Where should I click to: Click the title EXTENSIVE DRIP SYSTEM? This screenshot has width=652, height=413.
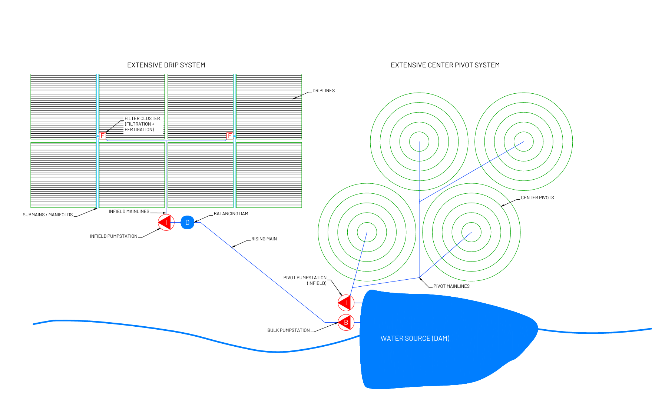click(x=166, y=65)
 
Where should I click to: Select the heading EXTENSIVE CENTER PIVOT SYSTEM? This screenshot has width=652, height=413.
click(x=445, y=65)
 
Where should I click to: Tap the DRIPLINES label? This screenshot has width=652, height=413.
click(x=323, y=91)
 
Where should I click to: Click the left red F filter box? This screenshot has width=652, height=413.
click(x=103, y=136)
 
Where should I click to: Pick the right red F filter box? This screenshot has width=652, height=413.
click(x=230, y=136)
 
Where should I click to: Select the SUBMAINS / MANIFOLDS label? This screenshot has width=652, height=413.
click(x=48, y=215)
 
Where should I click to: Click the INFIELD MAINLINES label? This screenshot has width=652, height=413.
click(x=129, y=212)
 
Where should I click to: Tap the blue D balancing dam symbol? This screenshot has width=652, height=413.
click(x=187, y=223)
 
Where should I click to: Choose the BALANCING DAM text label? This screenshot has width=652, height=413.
click(x=231, y=214)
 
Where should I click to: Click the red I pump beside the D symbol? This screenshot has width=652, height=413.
click(x=166, y=223)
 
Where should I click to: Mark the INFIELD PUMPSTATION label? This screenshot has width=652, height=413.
click(x=113, y=236)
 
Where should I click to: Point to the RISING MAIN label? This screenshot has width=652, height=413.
click(x=264, y=239)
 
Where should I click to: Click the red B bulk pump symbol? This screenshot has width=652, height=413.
click(x=346, y=323)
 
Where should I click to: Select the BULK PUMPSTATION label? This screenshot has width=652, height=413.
click(x=288, y=330)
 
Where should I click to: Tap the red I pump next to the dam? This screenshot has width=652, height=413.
click(x=346, y=303)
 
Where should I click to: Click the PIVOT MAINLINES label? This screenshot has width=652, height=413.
click(x=451, y=286)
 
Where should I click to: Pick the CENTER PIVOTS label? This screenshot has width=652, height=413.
click(x=537, y=198)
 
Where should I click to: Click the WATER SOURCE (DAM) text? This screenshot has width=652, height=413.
click(x=415, y=339)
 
